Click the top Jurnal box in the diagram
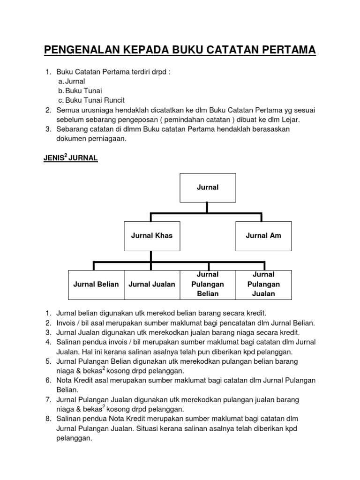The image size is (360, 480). (x=208, y=187)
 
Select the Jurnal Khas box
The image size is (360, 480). (x=151, y=235)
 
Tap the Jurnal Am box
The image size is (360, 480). (x=263, y=235)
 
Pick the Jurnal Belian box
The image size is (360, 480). (x=96, y=285)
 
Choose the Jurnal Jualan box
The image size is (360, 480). (x=152, y=285)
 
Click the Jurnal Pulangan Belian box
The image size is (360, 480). (x=208, y=285)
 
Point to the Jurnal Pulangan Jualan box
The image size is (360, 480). (x=263, y=285)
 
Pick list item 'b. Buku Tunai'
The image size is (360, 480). (x=83, y=91)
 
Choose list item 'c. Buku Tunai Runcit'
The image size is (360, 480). (x=95, y=100)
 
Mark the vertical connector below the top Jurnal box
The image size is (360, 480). (x=208, y=207)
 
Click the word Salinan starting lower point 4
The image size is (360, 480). (x=69, y=342)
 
